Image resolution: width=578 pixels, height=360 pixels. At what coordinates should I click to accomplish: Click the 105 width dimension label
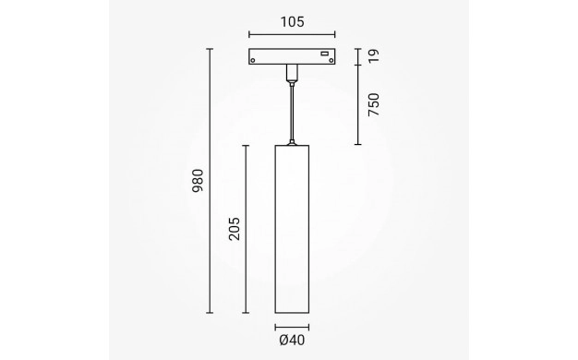click(x=293, y=22)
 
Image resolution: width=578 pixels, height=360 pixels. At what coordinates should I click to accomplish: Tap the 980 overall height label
click(x=198, y=181)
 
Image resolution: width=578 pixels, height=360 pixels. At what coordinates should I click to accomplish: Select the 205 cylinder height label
click(x=235, y=229)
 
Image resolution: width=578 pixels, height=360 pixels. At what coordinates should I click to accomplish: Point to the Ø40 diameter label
click(x=292, y=340)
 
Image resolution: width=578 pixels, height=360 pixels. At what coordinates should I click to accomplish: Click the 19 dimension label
click(x=373, y=56)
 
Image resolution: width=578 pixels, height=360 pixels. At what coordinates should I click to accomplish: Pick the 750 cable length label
click(x=373, y=104)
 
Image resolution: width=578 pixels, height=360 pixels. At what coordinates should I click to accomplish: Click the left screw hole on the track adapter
click(x=253, y=60)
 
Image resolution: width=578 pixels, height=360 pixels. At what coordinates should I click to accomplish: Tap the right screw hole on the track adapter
click(x=331, y=60)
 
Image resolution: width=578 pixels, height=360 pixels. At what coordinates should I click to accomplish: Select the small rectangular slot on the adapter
click(x=324, y=54)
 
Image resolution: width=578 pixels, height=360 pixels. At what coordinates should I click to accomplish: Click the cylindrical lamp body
click(x=292, y=229)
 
